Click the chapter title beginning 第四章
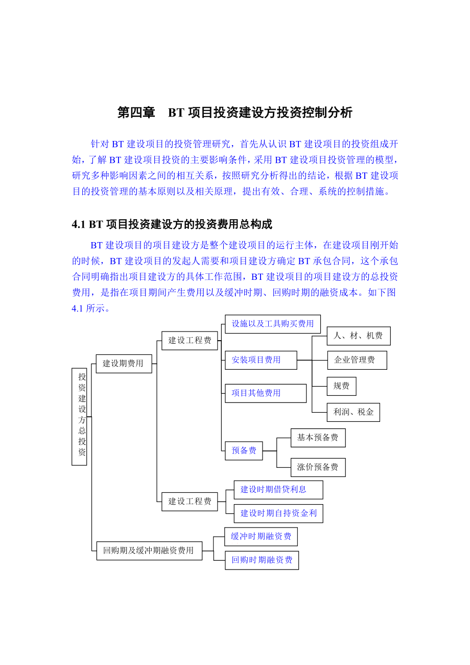[x=234, y=113]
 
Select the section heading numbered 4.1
[x=172, y=224]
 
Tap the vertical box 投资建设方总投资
[x=80, y=416]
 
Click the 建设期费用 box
[x=124, y=364]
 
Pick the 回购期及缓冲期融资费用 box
[x=149, y=551]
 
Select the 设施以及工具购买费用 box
[x=273, y=324]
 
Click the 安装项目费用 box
[x=261, y=360]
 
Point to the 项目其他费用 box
[x=266, y=393]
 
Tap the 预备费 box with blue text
[x=244, y=450]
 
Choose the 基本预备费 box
[x=318, y=438]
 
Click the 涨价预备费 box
[x=318, y=467]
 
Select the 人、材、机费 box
[x=358, y=336]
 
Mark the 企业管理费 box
[x=357, y=360]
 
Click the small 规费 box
[x=341, y=386]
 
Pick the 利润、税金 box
[x=353, y=412]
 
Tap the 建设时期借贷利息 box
[x=278, y=489]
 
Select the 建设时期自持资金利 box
[x=278, y=513]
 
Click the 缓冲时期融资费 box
[x=261, y=536]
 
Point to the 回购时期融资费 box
[x=262, y=560]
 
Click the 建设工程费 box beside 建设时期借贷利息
[x=190, y=502]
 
